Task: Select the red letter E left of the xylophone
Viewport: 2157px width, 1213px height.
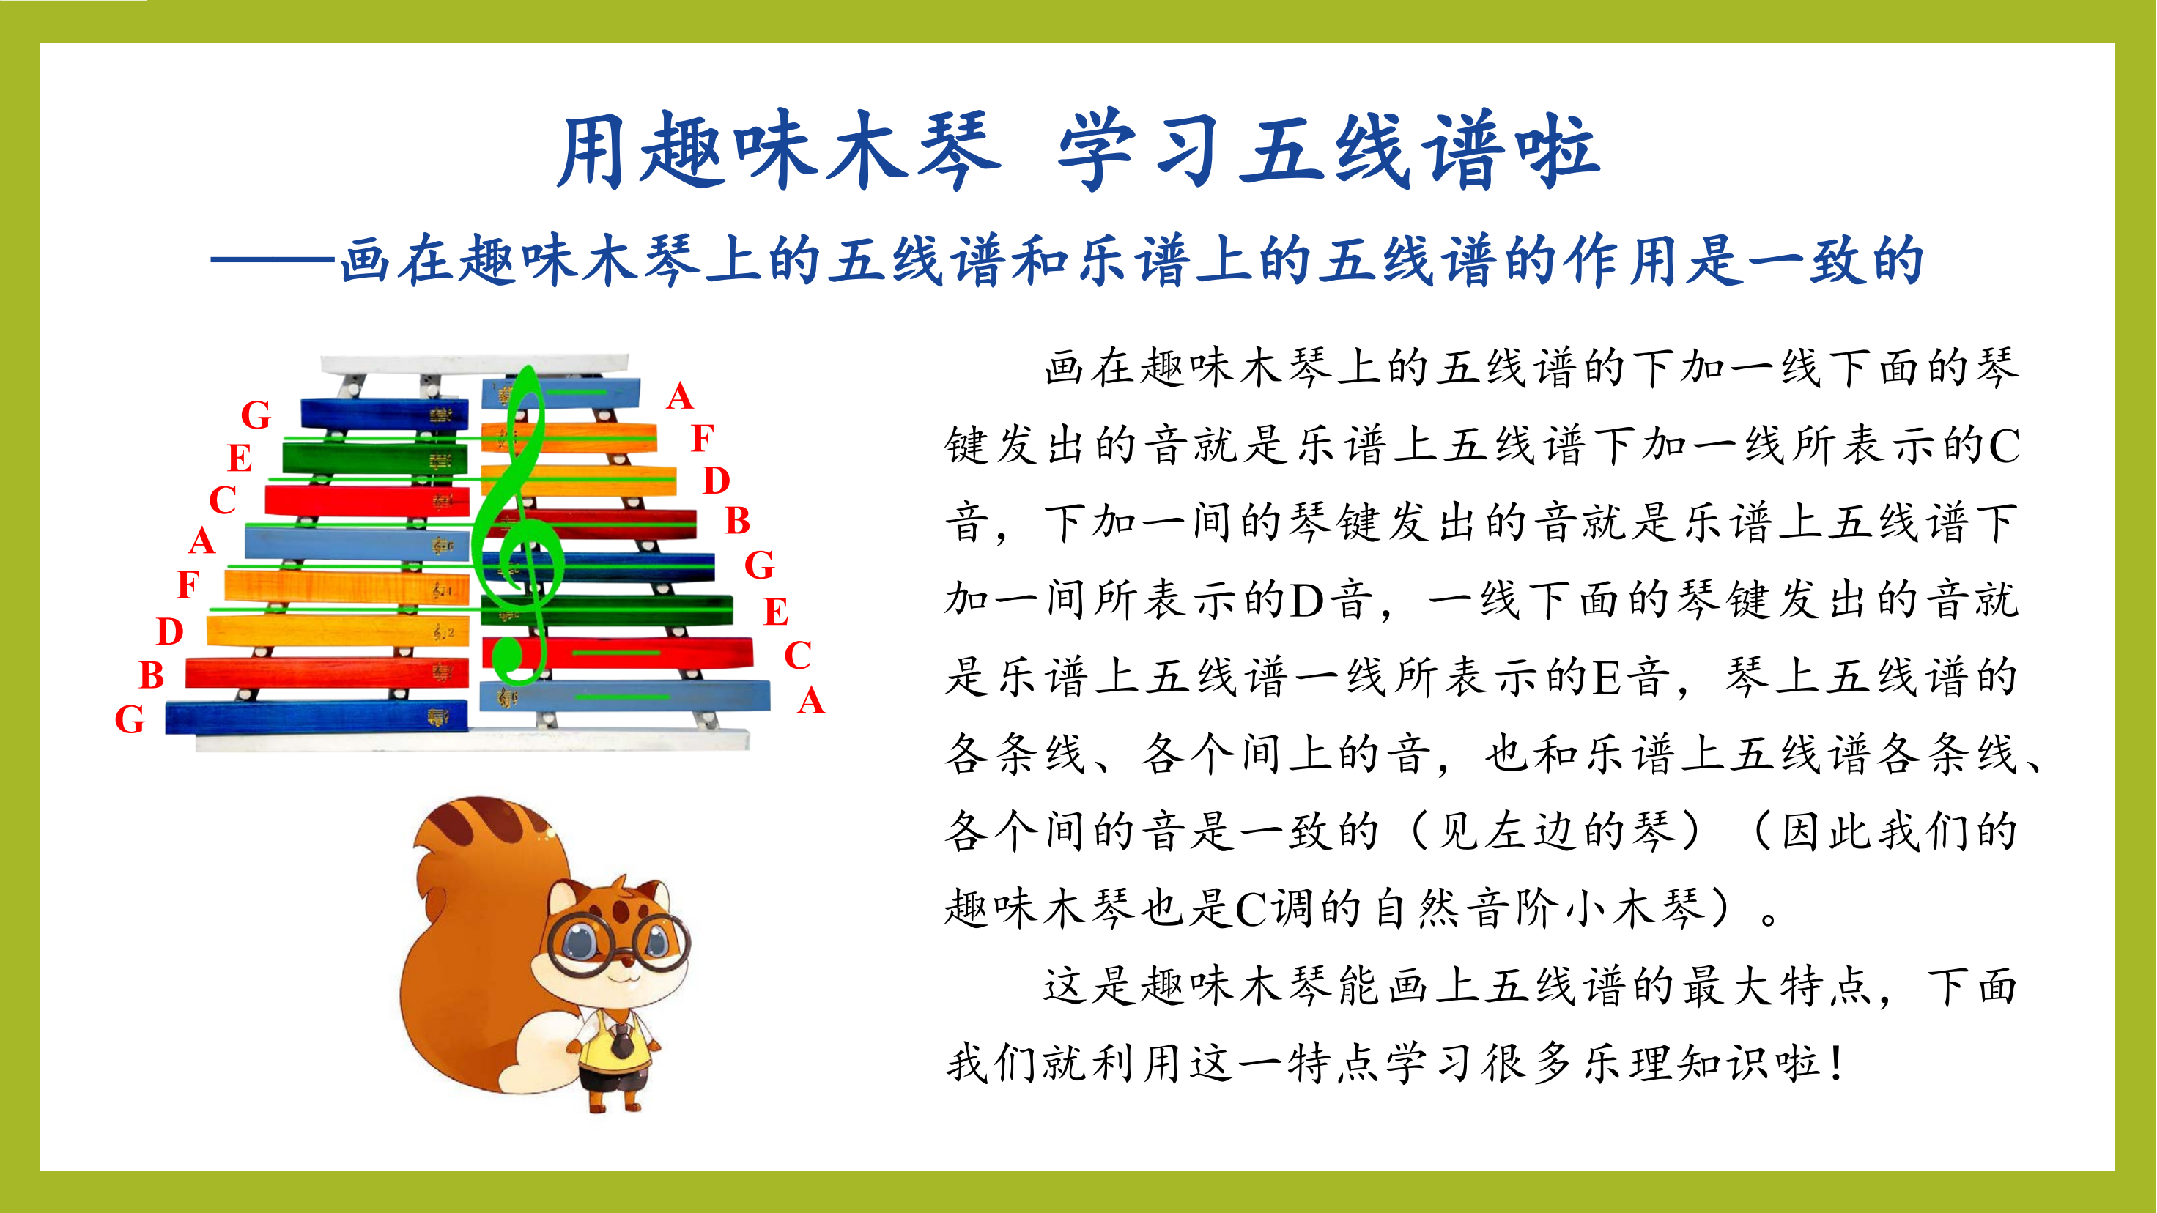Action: (240, 458)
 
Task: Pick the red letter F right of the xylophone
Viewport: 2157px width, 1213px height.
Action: (703, 438)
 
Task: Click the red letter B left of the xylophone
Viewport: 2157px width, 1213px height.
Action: (152, 675)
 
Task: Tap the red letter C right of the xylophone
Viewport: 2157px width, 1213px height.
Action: (797, 655)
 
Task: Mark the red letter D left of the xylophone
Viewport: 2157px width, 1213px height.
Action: (170, 631)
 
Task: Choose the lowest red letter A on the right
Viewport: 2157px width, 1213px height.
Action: (810, 700)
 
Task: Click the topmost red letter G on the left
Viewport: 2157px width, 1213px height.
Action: (256, 415)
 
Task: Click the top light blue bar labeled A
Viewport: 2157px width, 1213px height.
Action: (561, 393)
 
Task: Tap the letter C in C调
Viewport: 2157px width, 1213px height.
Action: (1251, 909)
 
